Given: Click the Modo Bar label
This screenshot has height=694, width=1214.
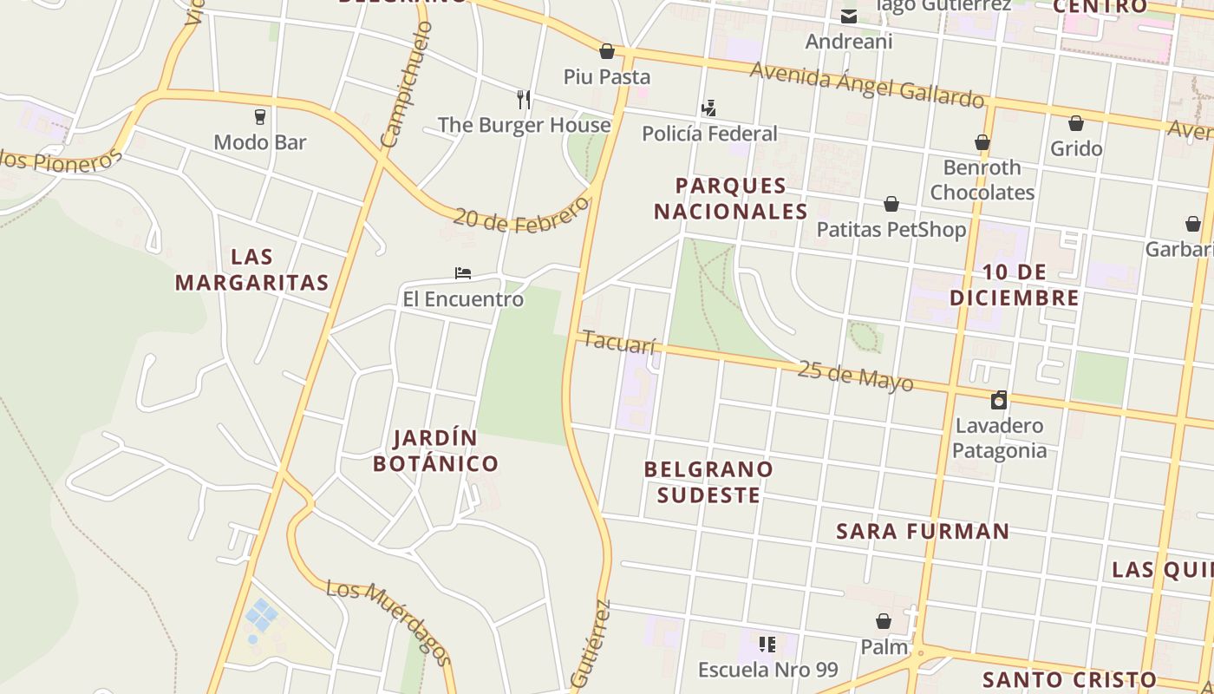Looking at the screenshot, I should click(260, 142).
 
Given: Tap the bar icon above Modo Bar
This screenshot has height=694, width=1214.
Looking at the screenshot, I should click(259, 116).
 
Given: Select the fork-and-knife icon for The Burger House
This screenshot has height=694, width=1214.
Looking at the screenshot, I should click(523, 99).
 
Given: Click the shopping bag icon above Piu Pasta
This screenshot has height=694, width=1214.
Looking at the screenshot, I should click(607, 51).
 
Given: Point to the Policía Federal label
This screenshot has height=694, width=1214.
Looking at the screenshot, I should click(709, 134).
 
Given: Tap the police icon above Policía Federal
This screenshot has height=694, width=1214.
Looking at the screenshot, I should click(708, 108).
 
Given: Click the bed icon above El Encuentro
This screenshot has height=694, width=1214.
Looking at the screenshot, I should click(463, 273).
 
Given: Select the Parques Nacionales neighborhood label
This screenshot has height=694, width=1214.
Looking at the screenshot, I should click(730, 199).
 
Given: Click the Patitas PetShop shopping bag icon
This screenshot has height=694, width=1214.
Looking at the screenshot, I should click(891, 204).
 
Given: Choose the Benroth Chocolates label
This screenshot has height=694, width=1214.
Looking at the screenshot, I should click(982, 180).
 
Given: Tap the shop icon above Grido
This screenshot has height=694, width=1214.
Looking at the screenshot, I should click(1076, 123).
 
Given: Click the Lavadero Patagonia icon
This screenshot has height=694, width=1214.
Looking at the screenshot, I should click(999, 400).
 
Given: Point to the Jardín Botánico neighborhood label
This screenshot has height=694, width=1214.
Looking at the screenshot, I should click(435, 450).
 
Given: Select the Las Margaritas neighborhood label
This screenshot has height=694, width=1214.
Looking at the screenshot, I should click(251, 270).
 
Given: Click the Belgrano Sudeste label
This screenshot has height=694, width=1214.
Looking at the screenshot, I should click(708, 481).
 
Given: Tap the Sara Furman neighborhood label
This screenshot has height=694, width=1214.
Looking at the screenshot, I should click(923, 531).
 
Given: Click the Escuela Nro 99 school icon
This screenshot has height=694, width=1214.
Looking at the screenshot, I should click(767, 644).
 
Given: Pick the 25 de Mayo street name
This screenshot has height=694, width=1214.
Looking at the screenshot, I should click(855, 376).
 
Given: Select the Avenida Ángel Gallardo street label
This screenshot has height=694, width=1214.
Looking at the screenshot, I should click(867, 84).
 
